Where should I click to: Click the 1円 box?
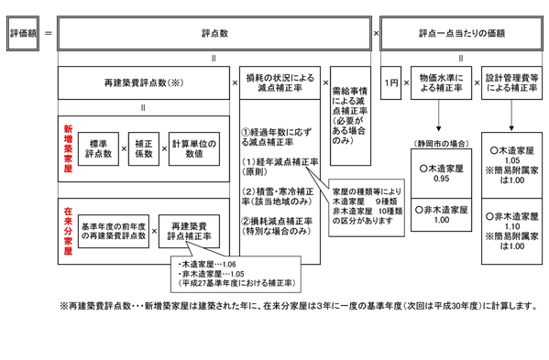point(391,82)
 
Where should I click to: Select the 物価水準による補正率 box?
point(440,82)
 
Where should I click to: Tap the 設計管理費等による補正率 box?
point(514,82)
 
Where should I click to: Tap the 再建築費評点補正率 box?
point(189,229)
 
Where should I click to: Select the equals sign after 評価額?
point(48,34)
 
